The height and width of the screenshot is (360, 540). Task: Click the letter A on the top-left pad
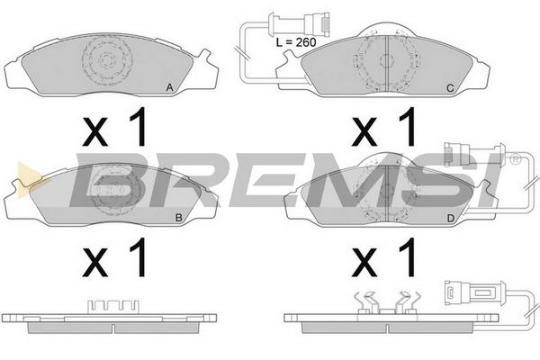click(169, 88)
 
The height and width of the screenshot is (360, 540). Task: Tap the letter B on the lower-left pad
click(179, 218)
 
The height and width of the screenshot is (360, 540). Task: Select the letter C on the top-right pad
click(450, 88)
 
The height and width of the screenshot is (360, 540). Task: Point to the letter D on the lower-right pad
click(451, 218)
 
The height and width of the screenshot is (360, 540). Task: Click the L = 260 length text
click(296, 42)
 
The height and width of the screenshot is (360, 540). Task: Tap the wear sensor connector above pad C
click(299, 23)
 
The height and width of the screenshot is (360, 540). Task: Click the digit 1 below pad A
click(138, 126)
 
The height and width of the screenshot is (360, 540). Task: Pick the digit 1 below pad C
click(407, 126)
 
